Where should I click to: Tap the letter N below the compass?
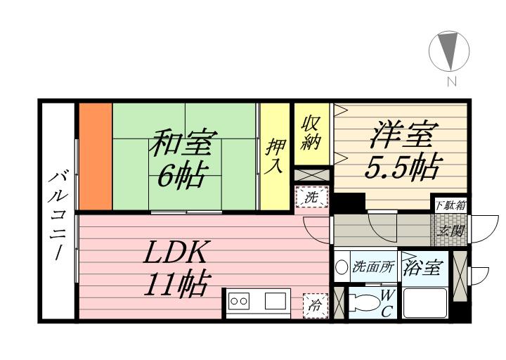(x=450, y=82)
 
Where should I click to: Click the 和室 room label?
(x=182, y=144)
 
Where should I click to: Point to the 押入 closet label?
(x=275, y=156)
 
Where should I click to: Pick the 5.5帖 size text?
(x=403, y=168)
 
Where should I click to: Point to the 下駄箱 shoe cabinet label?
(x=450, y=205)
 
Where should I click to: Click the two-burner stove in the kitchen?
(x=239, y=301)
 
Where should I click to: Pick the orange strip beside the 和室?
(x=95, y=156)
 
